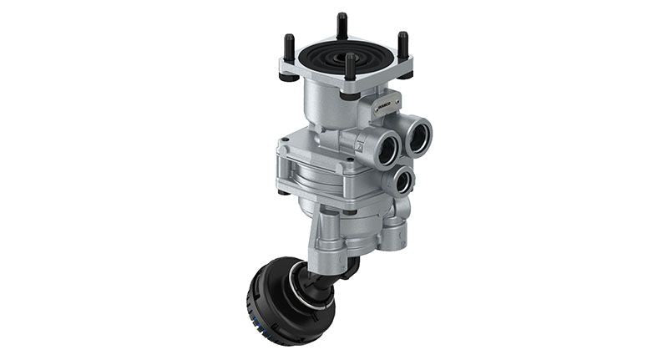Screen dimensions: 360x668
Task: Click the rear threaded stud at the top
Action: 342,25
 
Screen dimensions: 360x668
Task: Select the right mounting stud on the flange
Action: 402,45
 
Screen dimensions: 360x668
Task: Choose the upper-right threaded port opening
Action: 417,134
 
